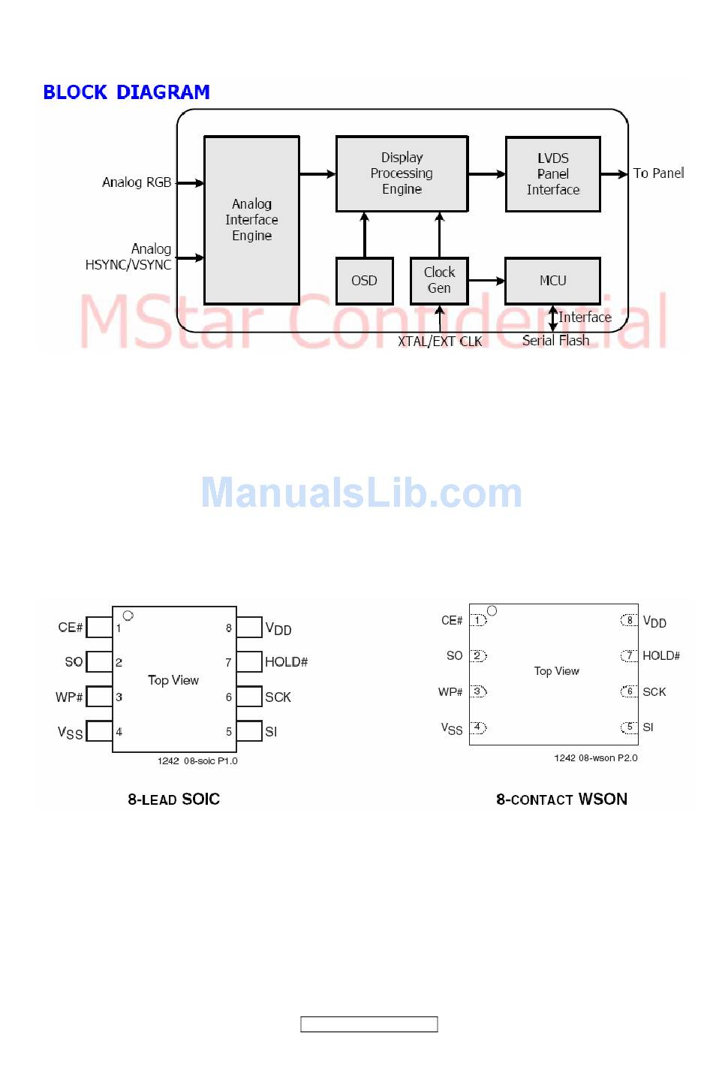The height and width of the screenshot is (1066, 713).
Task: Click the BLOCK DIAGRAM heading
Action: pos(126,92)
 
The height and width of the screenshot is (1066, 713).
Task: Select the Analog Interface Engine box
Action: pos(251,220)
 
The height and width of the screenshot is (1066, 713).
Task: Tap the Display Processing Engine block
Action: pos(402,173)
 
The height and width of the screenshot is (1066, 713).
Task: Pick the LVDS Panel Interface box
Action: pos(552,174)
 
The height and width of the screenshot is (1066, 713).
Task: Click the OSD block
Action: pos(364,281)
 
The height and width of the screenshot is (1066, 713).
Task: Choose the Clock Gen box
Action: pos(439,281)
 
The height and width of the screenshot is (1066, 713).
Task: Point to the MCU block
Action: pos(552,281)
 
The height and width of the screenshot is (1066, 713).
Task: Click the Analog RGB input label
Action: pos(137,182)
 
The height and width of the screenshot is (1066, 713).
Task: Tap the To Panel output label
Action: pos(658,173)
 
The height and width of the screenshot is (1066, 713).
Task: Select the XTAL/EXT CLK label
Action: pos(440,342)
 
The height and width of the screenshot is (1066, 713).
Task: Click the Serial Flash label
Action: pos(555,341)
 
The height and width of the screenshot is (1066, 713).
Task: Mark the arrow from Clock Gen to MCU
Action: pos(486,281)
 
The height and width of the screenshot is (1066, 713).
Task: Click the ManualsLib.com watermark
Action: pos(361,493)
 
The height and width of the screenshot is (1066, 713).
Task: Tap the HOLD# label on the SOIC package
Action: pos(286,662)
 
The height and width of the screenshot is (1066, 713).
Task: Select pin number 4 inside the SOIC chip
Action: pos(119,732)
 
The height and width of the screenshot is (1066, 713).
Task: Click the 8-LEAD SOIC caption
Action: pos(173,799)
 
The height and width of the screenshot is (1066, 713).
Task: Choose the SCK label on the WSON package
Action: pos(654,692)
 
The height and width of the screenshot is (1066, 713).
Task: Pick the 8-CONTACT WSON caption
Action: pos(561,799)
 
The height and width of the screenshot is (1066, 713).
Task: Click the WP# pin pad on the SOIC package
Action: pos(99,697)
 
